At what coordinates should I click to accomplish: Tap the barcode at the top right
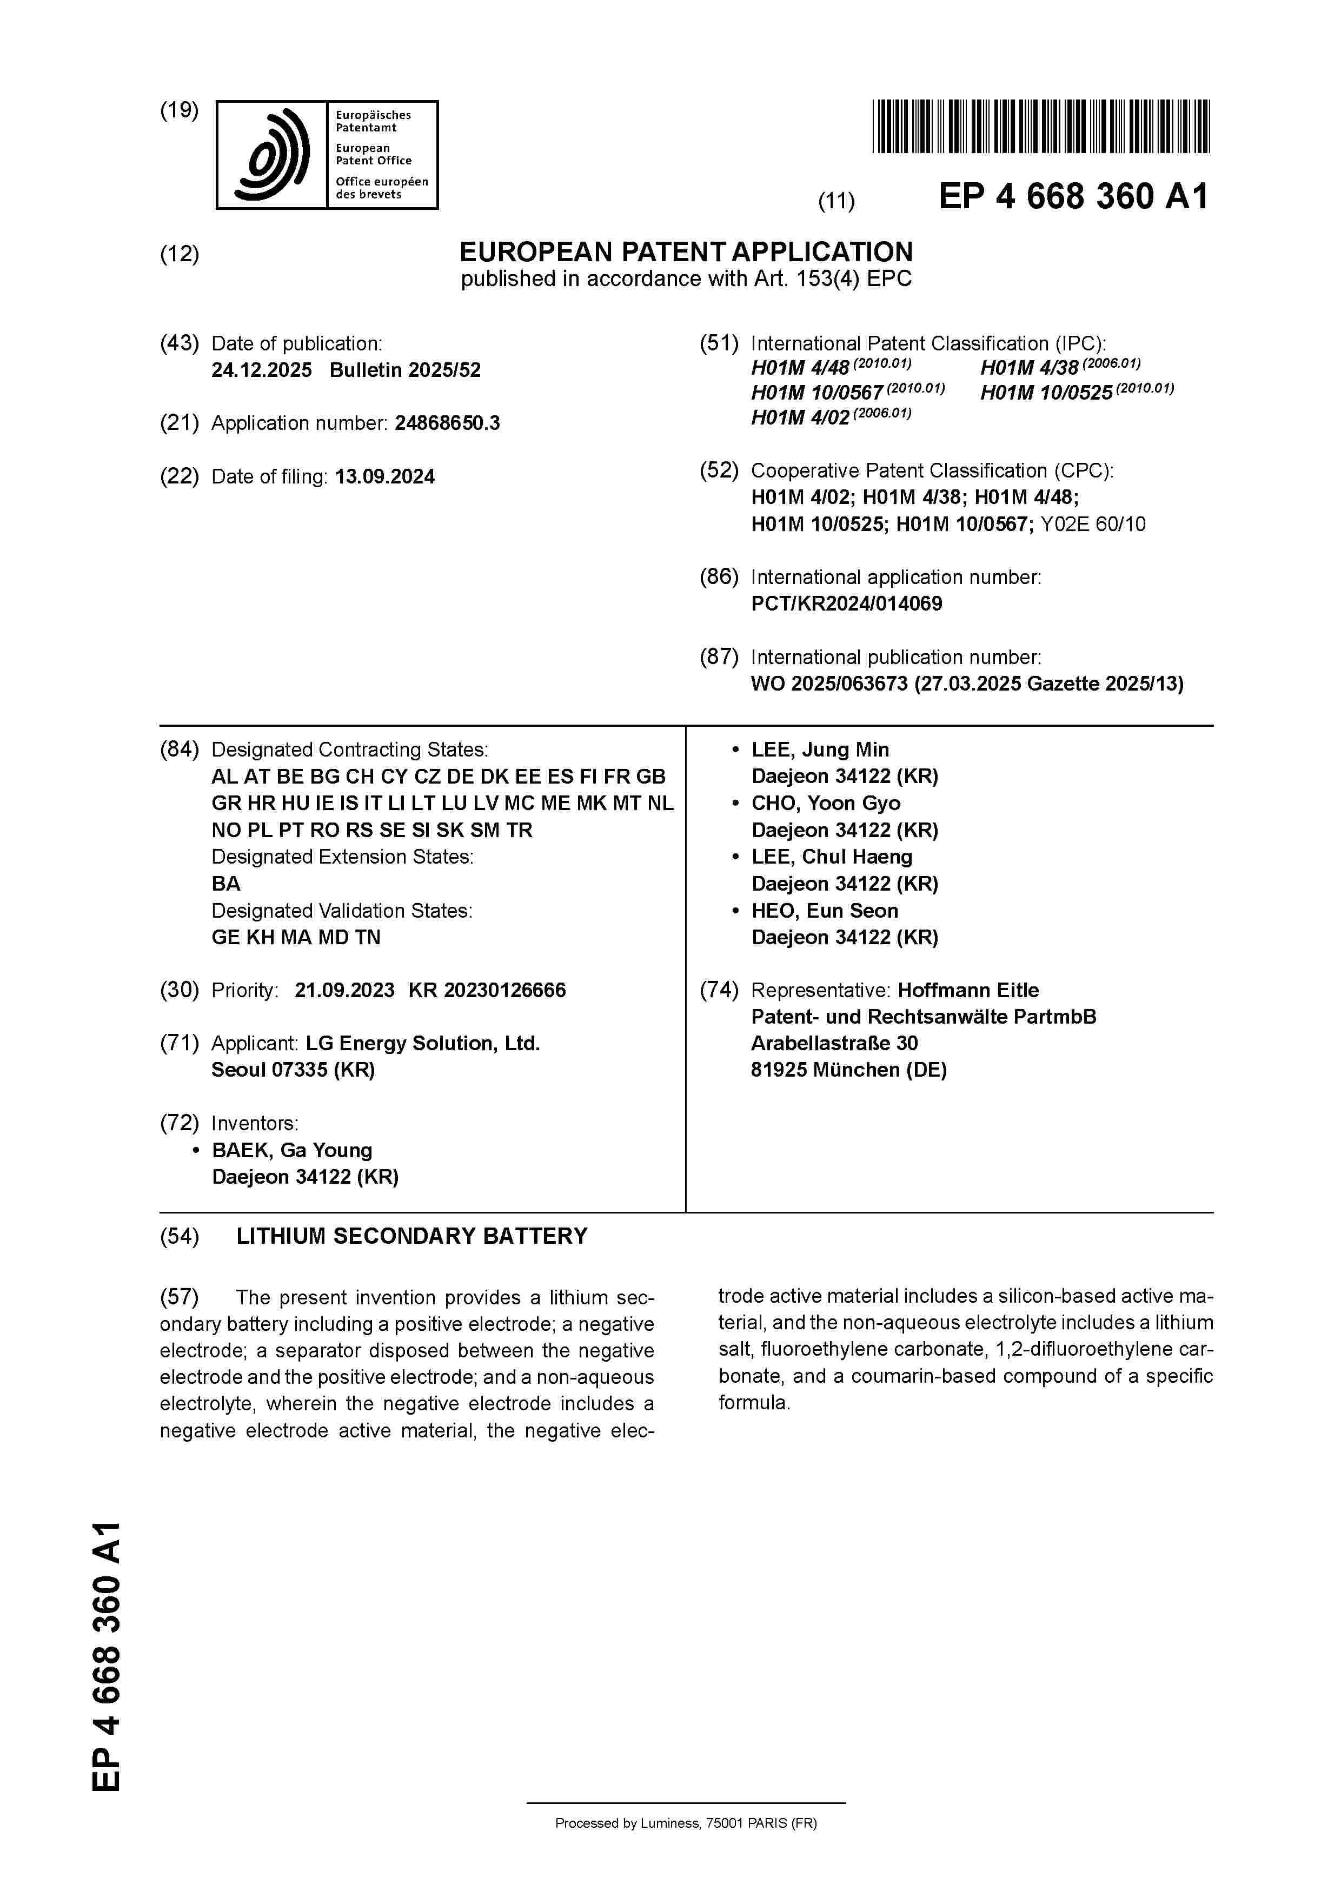tap(1040, 127)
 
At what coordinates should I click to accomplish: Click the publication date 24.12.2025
tap(261, 370)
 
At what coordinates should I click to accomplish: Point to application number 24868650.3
tap(447, 423)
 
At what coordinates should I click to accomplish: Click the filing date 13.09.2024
tap(384, 477)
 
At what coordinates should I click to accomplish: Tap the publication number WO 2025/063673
tap(829, 684)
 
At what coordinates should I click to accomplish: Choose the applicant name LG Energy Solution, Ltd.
tap(422, 1044)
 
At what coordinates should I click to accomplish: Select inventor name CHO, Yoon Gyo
tap(826, 803)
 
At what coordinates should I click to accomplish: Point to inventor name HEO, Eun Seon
tap(824, 911)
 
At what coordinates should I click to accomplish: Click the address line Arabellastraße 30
tap(834, 1044)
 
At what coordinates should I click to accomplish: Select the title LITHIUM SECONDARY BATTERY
tap(411, 1236)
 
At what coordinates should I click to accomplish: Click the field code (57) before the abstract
tap(180, 1297)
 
